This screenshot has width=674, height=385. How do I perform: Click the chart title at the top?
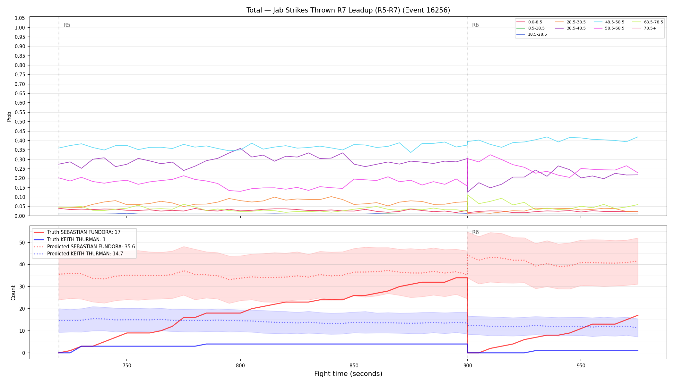348,10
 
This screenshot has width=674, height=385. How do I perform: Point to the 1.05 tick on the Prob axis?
20,18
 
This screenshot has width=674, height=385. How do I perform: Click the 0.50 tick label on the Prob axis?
20,122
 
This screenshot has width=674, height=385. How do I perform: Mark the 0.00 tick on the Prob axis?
20,216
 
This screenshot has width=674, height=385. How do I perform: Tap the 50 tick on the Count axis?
22,243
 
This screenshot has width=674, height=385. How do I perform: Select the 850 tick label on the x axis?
354,365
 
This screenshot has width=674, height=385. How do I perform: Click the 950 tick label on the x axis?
581,365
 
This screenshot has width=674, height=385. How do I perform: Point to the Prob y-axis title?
9,116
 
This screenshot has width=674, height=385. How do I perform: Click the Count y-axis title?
13,293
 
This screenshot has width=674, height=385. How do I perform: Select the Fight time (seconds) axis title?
348,374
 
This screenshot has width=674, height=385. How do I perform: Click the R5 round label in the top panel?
67,25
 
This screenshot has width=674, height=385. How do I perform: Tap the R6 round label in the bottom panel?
475,232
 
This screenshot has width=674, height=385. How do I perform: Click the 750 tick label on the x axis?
127,365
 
